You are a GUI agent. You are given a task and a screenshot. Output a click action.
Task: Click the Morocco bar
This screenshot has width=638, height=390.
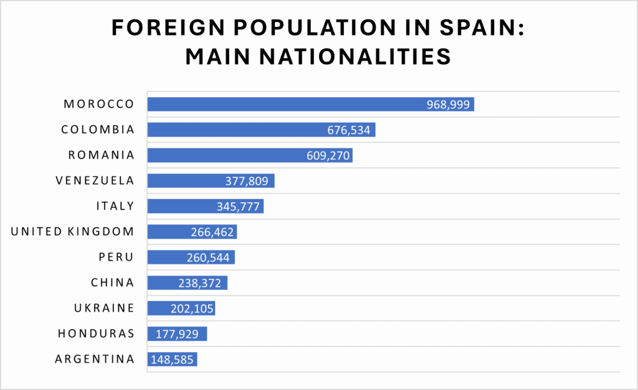tap(310, 104)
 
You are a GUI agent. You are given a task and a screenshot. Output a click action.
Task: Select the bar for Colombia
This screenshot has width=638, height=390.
tap(261, 129)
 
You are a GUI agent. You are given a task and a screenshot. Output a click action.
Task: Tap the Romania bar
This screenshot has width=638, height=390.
tap(250, 155)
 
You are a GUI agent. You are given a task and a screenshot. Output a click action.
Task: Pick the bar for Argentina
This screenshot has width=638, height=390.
tap(172, 359)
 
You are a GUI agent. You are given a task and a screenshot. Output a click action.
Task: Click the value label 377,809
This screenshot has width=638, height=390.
tap(247, 181)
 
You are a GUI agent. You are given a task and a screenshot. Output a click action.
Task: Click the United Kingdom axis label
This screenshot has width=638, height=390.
tap(73, 232)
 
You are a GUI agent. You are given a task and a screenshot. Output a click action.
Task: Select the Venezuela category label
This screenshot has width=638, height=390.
tap(95, 181)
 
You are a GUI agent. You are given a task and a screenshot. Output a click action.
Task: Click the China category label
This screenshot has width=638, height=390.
tap(112, 283)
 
